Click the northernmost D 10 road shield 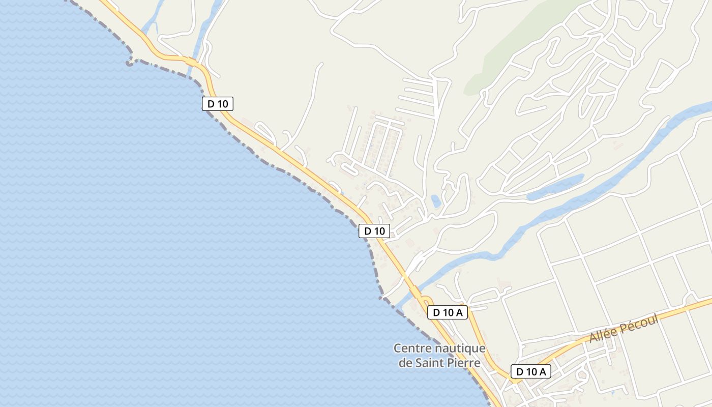point(218,104)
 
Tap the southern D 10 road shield point(374,231)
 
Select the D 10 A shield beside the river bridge point(448,312)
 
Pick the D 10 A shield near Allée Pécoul point(530,372)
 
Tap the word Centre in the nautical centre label point(412,349)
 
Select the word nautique point(460,349)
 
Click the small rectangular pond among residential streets point(436,201)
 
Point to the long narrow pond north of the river point(555,188)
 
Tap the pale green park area point(514,56)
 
